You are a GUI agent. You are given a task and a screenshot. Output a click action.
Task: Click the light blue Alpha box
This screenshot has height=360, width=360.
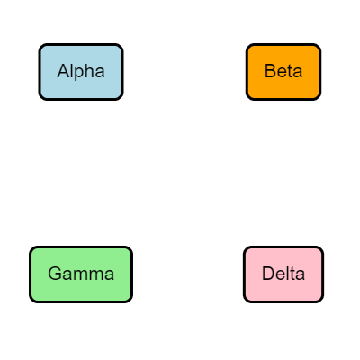81,71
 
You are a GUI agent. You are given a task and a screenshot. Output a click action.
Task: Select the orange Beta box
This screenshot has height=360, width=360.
283,71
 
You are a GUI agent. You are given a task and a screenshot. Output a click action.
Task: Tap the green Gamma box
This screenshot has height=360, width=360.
81,274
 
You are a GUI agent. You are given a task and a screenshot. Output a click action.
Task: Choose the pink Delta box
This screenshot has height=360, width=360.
283,274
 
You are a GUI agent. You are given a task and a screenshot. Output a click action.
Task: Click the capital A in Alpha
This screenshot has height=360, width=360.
63,71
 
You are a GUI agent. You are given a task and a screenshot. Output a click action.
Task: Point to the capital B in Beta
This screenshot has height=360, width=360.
270,71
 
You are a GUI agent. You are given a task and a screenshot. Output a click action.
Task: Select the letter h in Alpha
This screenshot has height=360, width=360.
88,71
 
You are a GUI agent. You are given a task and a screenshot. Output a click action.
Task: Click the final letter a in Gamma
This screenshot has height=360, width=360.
109,274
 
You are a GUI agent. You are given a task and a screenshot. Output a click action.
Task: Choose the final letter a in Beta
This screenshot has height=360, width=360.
298,72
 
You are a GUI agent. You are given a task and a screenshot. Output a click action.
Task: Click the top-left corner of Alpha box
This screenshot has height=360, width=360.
40,45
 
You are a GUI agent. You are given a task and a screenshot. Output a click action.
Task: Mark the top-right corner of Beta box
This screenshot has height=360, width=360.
319,45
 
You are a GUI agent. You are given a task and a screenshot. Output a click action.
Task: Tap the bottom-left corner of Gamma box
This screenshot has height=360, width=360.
31,301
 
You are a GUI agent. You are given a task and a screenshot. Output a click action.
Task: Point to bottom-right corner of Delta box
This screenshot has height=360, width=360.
322,301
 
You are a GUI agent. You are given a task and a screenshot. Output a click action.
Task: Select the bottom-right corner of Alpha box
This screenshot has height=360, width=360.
121,98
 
